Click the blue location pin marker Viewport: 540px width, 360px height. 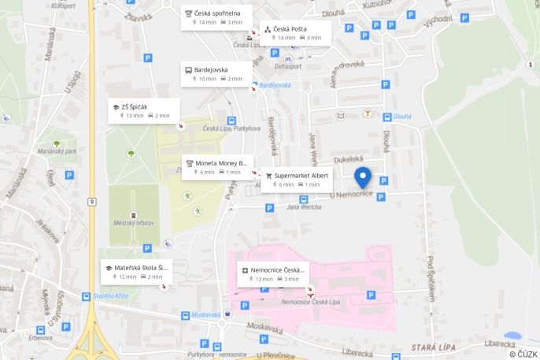tap(363, 176)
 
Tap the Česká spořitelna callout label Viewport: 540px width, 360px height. tap(216, 17)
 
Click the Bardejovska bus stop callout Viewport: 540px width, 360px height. tap(216, 74)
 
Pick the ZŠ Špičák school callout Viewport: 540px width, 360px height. tap(144, 111)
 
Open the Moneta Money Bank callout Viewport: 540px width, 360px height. tap(218, 167)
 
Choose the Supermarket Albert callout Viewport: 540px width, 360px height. tap(296, 180)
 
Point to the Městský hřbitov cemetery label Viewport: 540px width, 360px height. tap(134, 223)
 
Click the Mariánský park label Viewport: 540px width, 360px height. tap(57, 150)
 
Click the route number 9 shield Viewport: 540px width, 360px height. tap(92, 202)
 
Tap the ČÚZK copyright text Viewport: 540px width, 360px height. tap(523, 353)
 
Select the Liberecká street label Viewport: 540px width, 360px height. tap(500, 343)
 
